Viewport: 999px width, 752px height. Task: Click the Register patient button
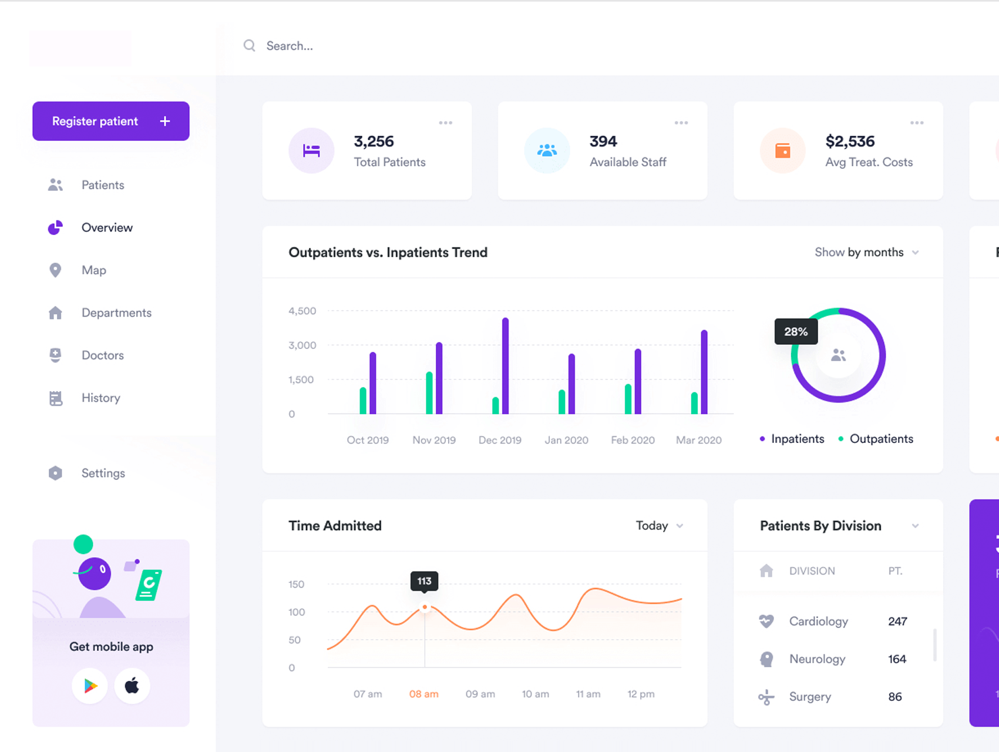[111, 121]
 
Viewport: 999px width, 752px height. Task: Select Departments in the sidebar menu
[116, 313]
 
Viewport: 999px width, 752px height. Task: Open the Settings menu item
[103, 473]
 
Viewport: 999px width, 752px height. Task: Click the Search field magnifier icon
[250, 46]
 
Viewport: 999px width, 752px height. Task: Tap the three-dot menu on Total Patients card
[446, 123]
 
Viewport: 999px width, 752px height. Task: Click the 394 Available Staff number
[603, 142]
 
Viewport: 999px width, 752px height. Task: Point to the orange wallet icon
[783, 150]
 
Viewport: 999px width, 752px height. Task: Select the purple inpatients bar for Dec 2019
[505, 366]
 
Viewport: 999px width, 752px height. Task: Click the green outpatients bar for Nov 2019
[429, 393]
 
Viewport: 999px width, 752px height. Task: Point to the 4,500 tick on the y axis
[302, 311]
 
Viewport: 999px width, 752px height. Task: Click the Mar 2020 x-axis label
[699, 440]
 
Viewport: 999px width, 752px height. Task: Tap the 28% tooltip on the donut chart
[796, 331]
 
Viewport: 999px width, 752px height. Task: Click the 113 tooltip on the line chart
[424, 581]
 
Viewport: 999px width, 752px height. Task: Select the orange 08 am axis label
[424, 694]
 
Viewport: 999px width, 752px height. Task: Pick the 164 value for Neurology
[897, 659]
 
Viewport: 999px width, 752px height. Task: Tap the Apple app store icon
[132, 686]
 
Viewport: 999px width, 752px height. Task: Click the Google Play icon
[90, 686]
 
